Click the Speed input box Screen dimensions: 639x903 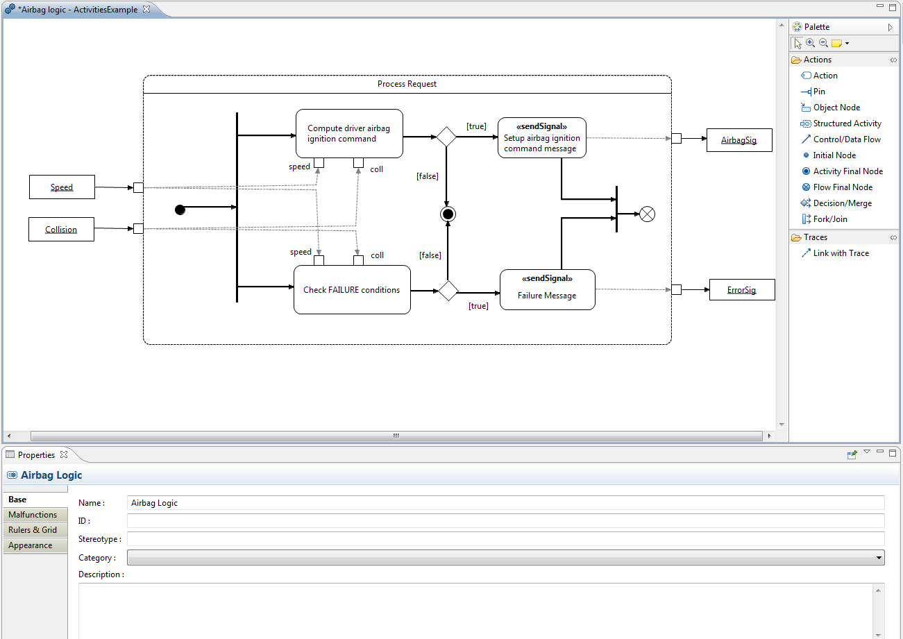click(62, 187)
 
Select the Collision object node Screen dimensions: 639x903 click(61, 229)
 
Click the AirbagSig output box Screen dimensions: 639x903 click(739, 140)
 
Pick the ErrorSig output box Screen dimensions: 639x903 click(741, 289)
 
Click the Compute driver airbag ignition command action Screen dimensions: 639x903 click(349, 133)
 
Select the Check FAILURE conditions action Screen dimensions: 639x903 click(352, 289)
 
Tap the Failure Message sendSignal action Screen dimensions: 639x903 click(547, 289)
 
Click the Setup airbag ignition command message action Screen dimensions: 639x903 click(541, 137)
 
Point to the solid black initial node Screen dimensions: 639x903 click(180, 210)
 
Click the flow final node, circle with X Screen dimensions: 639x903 click(647, 214)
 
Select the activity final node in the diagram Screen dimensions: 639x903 click(448, 214)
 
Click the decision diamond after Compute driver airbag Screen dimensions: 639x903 click(446, 137)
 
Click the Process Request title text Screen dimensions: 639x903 click(407, 84)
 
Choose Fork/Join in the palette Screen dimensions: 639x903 click(829, 219)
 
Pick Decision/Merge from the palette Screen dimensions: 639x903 click(842, 203)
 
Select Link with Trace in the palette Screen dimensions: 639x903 click(841, 253)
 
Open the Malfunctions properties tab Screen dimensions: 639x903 click(33, 515)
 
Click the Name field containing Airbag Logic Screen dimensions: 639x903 click(505, 503)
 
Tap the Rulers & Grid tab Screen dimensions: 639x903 click(33, 530)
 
